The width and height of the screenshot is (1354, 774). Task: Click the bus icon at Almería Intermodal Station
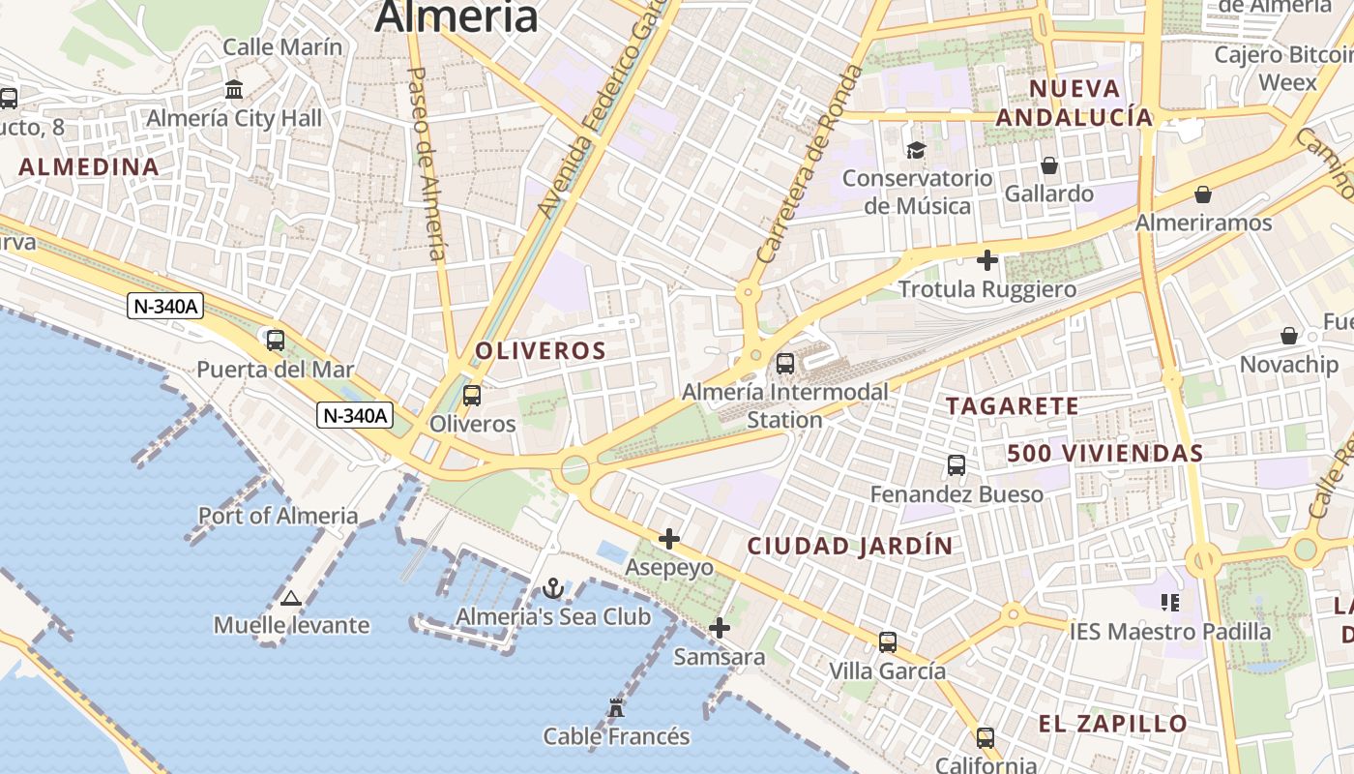(x=785, y=364)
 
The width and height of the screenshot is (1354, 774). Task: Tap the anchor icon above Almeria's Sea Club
(x=552, y=588)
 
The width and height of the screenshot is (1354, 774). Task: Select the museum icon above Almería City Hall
(x=234, y=90)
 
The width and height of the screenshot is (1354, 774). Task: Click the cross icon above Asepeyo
(x=669, y=539)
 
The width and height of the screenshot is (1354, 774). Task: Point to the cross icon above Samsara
(x=719, y=629)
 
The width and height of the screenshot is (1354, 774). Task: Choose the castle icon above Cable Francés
(x=616, y=708)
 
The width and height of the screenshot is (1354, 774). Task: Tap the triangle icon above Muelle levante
(x=291, y=598)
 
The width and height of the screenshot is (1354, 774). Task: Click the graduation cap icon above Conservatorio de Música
(x=916, y=150)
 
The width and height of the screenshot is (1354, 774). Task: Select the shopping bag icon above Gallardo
(x=1049, y=165)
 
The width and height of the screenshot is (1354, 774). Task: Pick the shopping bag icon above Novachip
(x=1289, y=336)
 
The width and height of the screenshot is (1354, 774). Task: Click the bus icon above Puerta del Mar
(x=276, y=341)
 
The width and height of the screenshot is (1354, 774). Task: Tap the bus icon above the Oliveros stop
(x=472, y=395)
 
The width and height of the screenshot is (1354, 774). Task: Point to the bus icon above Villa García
(x=888, y=641)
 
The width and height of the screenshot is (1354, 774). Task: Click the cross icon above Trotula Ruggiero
(x=986, y=260)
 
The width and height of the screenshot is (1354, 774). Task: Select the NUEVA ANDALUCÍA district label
(x=1074, y=104)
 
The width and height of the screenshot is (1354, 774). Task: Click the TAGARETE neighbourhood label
(x=1012, y=406)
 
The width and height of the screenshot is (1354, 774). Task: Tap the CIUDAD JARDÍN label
(x=850, y=546)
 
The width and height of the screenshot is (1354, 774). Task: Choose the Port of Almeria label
(x=278, y=516)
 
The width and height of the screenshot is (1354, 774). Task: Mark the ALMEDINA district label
(x=89, y=167)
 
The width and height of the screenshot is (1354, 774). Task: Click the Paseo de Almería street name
(x=427, y=164)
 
